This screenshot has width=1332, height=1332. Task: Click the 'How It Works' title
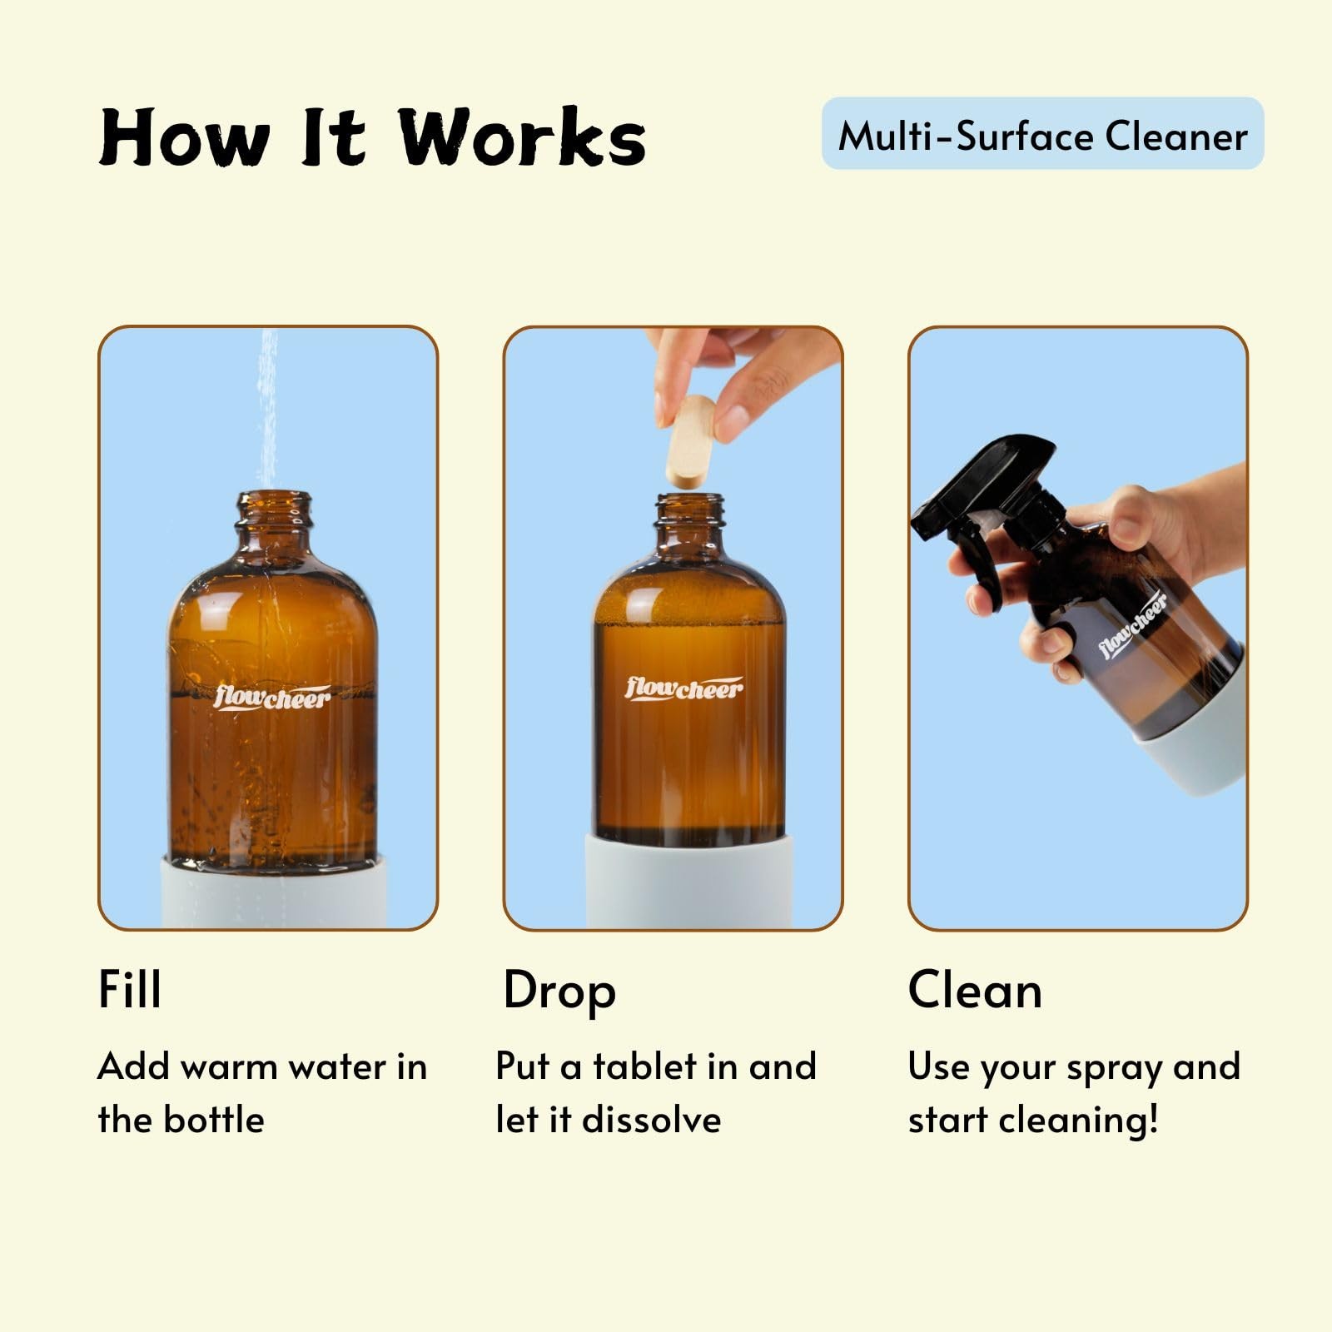point(372,137)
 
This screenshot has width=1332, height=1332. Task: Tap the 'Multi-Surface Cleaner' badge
point(1042,134)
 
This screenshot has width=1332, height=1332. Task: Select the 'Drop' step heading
point(559,992)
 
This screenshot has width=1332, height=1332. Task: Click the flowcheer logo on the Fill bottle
point(272,697)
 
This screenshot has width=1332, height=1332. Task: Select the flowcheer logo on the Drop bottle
point(683,688)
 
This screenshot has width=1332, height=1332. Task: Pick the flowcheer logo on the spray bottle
point(1132,624)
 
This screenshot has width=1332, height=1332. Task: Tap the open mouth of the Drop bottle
point(689,499)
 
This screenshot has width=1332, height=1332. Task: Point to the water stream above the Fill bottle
point(267,409)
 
